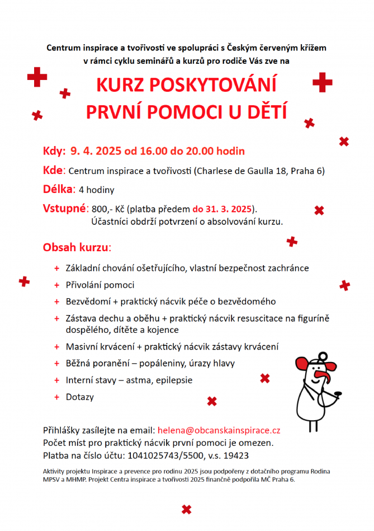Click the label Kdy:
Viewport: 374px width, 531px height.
pos(54,151)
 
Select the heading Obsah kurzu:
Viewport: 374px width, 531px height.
pos(77,247)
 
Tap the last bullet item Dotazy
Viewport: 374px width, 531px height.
pos(80,397)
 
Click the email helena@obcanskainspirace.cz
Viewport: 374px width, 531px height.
pos(219,431)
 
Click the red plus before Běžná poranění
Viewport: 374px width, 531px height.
pos(57,364)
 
